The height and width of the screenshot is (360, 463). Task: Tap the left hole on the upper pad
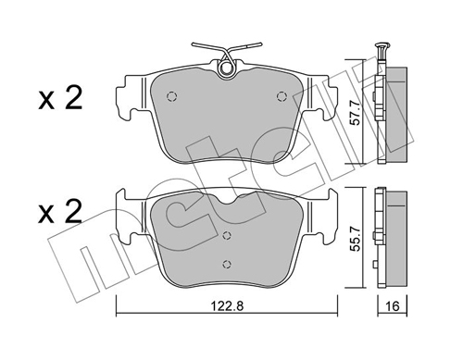[x=170, y=96]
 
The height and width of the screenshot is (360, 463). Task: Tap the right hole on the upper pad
[x=282, y=96]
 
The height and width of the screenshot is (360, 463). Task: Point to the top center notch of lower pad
[x=225, y=203]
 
